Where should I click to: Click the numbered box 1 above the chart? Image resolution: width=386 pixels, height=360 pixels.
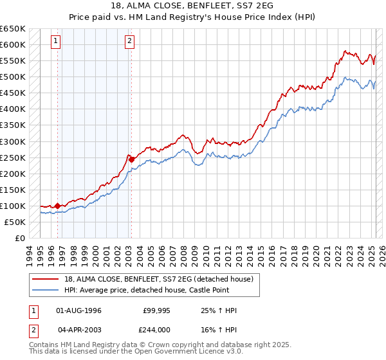click(x=57, y=41)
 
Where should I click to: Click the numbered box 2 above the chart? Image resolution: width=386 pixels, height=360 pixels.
click(x=130, y=41)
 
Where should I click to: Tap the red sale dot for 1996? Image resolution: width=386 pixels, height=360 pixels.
click(x=57, y=206)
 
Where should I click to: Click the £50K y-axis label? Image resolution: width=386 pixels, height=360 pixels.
click(x=15, y=222)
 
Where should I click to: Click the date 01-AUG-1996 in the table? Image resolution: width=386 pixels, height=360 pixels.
click(x=79, y=310)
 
